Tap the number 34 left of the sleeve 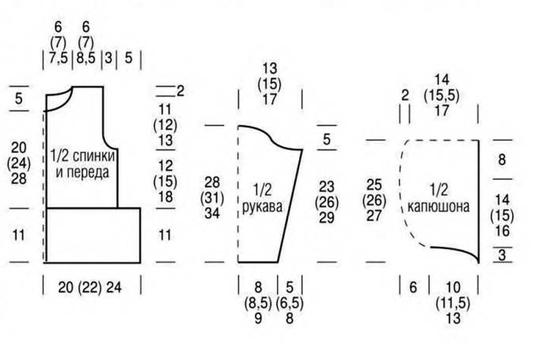coord(212,214)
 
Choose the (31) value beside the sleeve coord(212,198)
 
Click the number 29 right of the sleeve coord(326,217)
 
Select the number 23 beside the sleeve coord(326,187)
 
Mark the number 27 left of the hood coord(376,215)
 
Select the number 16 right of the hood coord(502,230)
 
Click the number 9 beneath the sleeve coord(257,319)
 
